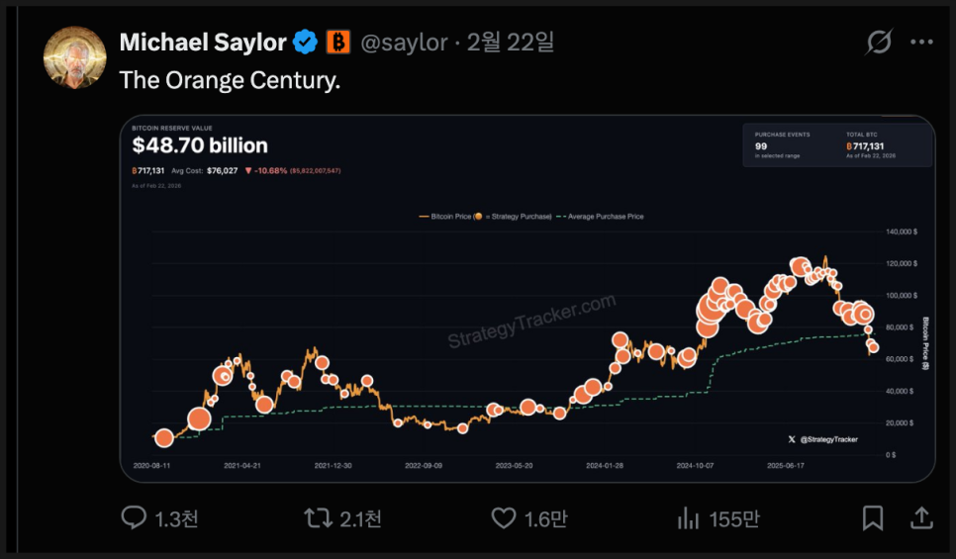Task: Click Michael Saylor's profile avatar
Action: (74, 57)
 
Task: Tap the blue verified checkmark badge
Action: (307, 42)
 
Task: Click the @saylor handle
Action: (404, 43)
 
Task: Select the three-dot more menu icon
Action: (921, 42)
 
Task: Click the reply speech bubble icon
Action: (134, 517)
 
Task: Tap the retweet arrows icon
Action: (318, 517)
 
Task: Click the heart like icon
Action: (504, 517)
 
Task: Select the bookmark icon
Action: (872, 517)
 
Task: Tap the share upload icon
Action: (920, 517)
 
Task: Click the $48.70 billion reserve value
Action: (200, 146)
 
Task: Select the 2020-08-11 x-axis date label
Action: (151, 464)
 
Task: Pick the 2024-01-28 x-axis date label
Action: (606, 464)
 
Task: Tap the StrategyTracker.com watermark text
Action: (531, 321)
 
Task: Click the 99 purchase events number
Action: (761, 145)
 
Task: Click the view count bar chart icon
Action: (688, 517)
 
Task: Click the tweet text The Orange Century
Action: (230, 80)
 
